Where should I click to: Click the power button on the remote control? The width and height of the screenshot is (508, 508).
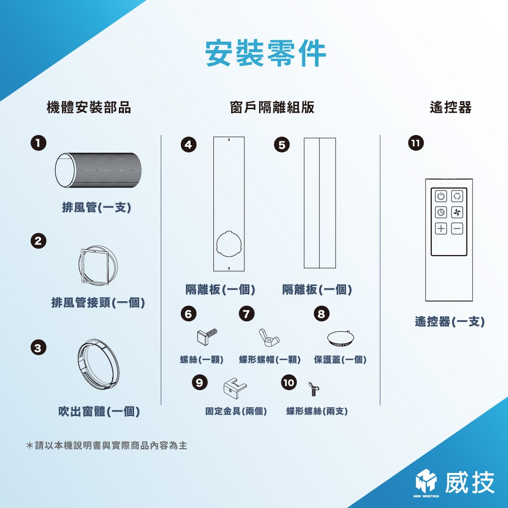tap(440, 196)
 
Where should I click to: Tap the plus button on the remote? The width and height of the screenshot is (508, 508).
tap(440, 229)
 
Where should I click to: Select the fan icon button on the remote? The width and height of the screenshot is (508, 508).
tap(457, 212)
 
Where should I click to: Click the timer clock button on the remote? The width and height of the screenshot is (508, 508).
tap(440, 212)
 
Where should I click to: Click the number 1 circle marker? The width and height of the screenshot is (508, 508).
tap(38, 143)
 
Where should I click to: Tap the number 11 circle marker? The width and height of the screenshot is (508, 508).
tap(416, 143)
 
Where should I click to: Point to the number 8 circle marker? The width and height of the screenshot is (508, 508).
tap(322, 313)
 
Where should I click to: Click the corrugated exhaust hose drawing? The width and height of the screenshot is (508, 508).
tap(98, 170)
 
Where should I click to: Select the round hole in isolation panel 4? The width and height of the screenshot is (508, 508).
tap(229, 244)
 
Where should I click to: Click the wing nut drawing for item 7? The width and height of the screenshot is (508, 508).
tap(269, 338)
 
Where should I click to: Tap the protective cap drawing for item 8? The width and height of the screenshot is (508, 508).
tap(340, 338)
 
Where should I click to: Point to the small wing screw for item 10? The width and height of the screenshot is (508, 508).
tap(313, 389)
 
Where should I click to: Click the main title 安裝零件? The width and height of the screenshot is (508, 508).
tap(266, 53)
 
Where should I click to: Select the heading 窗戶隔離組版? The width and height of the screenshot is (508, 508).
tap(272, 108)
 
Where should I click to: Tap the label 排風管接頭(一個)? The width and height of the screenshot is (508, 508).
tap(98, 303)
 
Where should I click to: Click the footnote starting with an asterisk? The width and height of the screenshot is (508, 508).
tap(107, 446)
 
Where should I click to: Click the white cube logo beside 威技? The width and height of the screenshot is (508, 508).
tap(426, 481)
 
